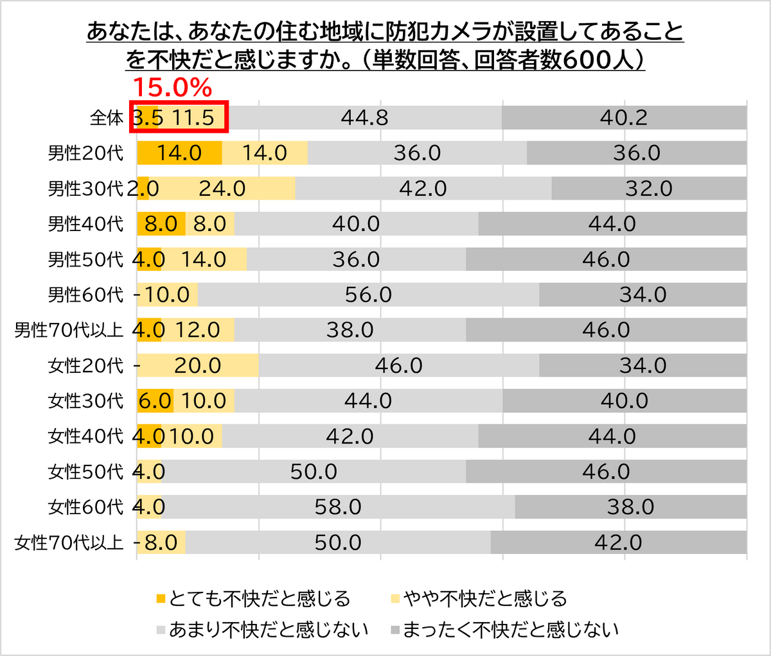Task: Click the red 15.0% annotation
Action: pos(172,87)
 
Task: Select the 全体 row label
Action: pos(107,118)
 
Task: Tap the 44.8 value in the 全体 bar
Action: pos(364,118)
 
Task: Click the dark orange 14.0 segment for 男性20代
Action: pos(179,153)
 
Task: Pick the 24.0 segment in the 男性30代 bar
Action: pos(222,189)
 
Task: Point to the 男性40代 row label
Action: pos(85,224)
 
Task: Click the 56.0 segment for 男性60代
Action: pos(368,295)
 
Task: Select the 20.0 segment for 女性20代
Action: pos(197,365)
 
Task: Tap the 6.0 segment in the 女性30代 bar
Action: pos(155,401)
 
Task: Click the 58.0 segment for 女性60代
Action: pos(338,507)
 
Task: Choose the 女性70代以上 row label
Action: pos(69,542)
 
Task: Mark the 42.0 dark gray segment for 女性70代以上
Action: pos(618,542)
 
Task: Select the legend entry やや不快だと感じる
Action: pos(485,599)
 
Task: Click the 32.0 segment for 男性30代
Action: pos(649,189)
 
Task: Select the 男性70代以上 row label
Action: pos(69,330)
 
